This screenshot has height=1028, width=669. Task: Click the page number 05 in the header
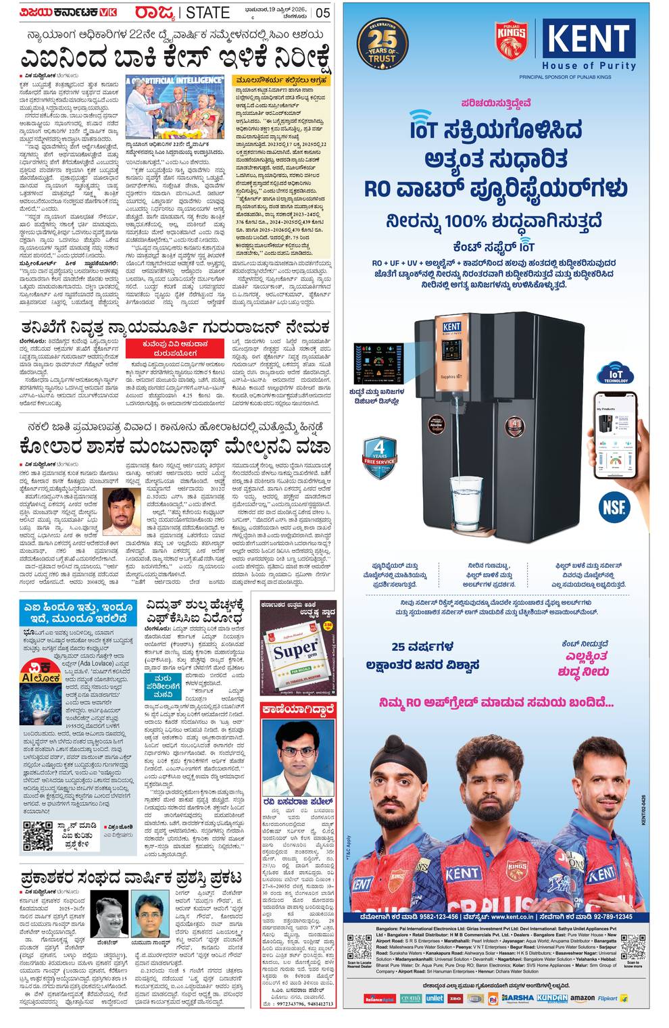tap(323, 12)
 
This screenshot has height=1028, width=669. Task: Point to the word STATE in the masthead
tap(208, 12)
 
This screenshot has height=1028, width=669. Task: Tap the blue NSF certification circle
tap(614, 506)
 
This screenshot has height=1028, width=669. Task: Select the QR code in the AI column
tap(38, 835)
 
